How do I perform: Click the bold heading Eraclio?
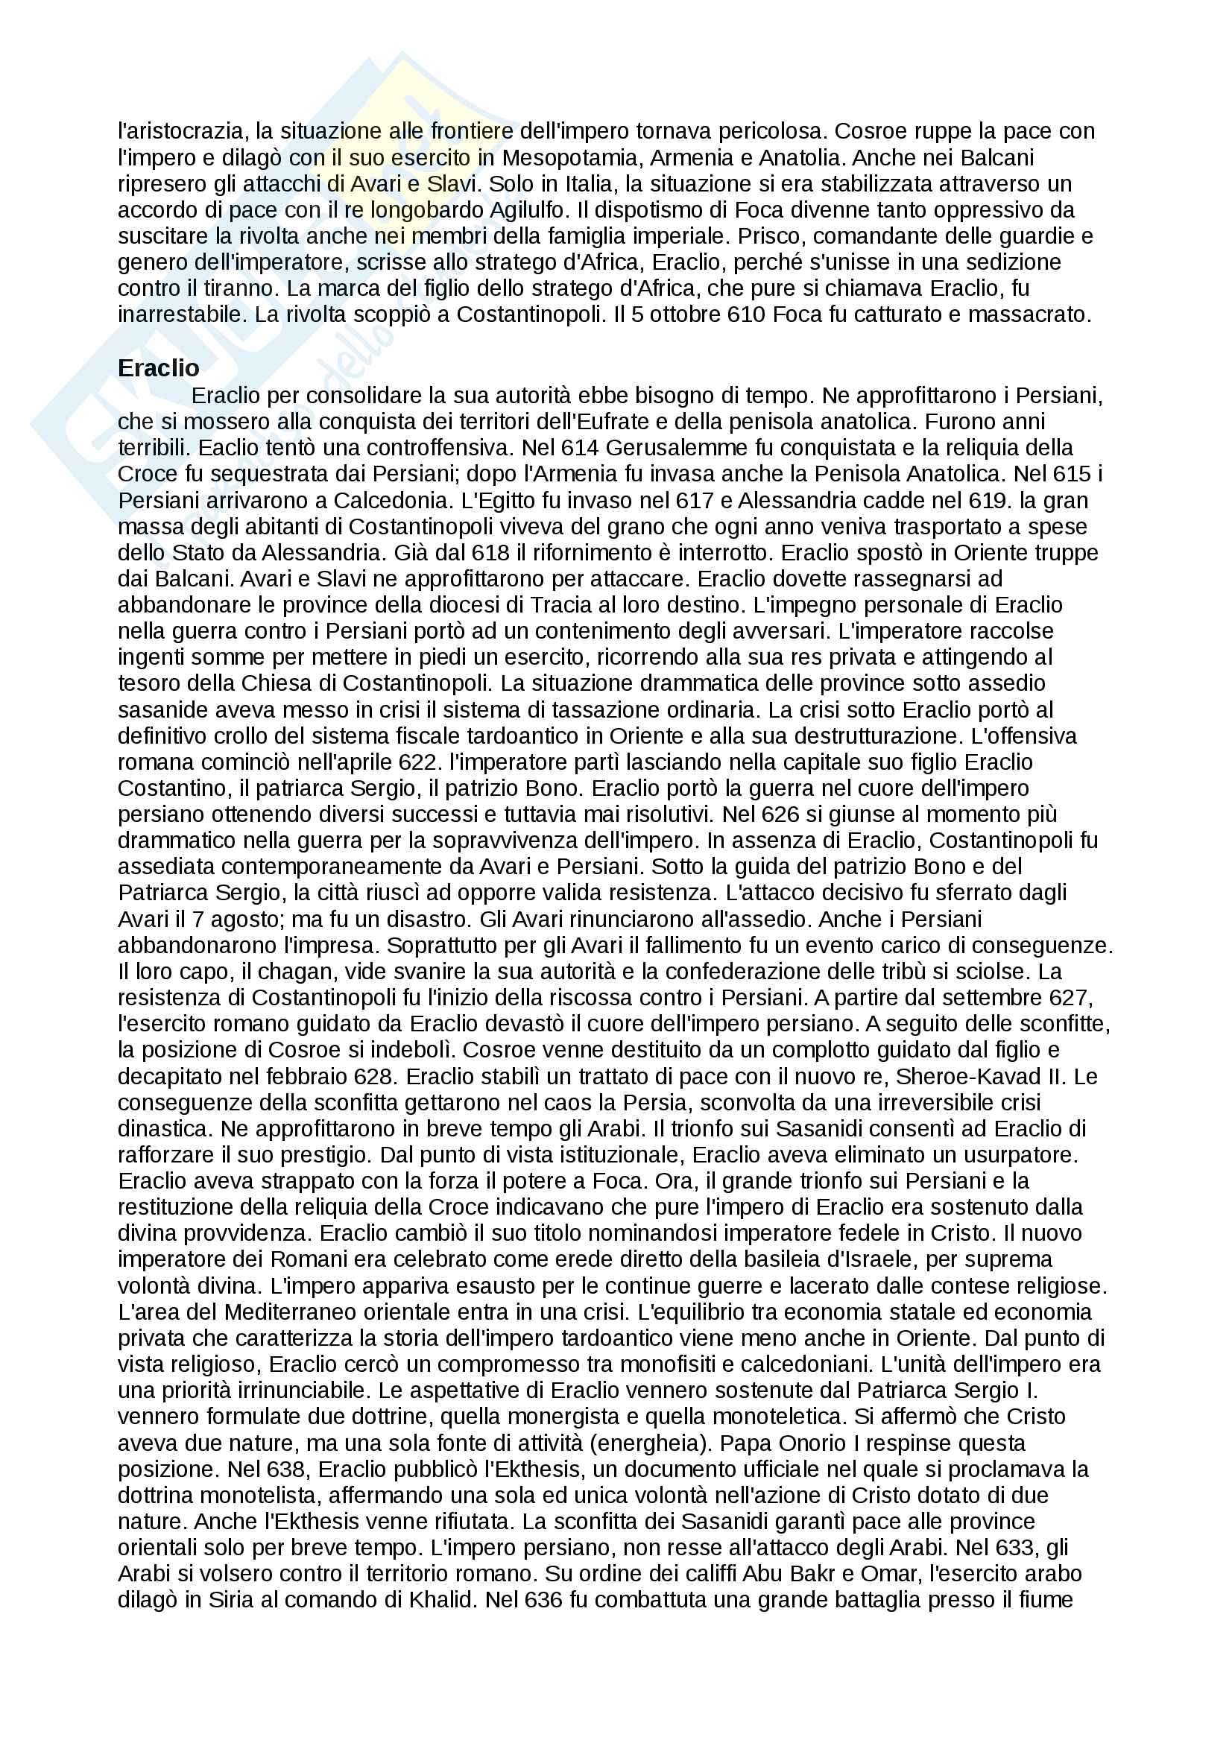tap(158, 368)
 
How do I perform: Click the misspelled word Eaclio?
tap(228, 448)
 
